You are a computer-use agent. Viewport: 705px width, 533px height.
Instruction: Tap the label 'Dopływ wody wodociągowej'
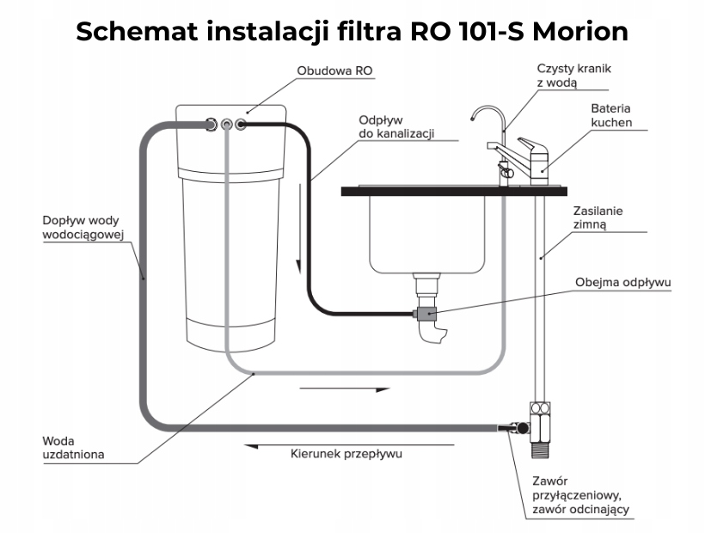84,226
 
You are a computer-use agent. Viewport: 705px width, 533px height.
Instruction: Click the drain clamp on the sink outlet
425,314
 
